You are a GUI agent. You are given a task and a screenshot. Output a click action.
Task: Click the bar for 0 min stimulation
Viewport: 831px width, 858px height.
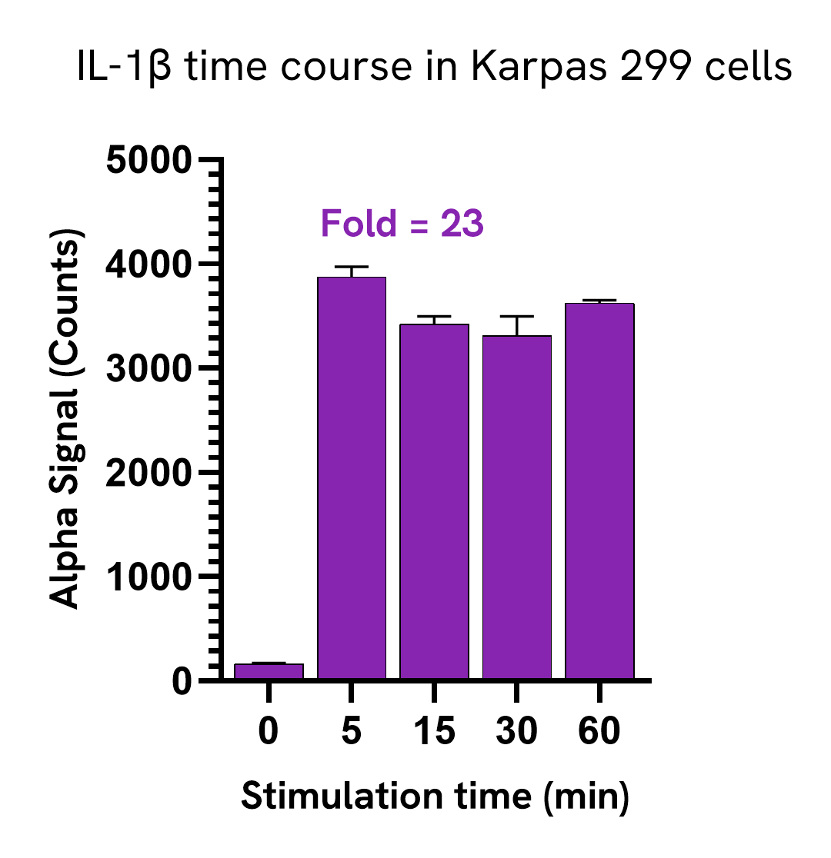269,671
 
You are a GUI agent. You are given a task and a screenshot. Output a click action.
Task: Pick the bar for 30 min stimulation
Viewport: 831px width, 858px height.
516,507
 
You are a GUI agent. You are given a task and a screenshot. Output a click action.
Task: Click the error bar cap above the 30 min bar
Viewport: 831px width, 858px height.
516,317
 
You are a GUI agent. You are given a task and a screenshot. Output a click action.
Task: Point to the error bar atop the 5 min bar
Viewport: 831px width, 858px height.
351,269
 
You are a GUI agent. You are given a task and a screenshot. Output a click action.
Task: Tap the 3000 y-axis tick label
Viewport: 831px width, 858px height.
148,369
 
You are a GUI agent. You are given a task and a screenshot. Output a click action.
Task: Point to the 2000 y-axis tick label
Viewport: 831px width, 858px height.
148,473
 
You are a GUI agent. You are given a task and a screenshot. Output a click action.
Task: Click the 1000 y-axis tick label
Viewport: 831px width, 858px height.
148,577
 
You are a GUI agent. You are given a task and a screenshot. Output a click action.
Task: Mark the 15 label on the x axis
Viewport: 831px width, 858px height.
434,732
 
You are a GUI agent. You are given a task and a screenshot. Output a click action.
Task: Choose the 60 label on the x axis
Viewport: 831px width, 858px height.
599,732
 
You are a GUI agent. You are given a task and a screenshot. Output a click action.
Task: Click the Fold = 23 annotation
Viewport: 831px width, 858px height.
402,224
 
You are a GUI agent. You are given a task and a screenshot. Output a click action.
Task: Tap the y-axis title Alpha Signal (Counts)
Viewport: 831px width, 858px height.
65,419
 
